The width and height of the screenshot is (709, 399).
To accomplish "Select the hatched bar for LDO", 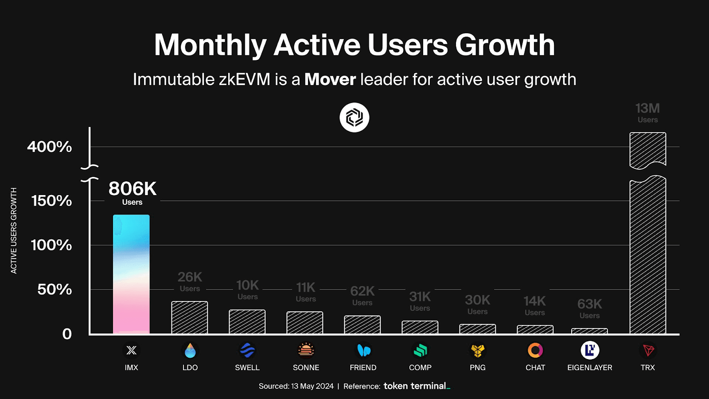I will [x=190, y=317].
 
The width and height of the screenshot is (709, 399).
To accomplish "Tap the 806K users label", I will [x=132, y=192].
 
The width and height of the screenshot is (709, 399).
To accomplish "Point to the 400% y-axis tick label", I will [x=49, y=147].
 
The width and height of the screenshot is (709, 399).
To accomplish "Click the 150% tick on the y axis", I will [x=51, y=201].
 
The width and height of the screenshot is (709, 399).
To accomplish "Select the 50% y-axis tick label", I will [x=54, y=289].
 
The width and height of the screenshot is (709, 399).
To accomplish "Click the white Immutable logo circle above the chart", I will [x=354, y=117].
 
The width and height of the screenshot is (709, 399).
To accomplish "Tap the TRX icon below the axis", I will [x=648, y=351].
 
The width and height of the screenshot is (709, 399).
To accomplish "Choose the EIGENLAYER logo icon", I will [x=590, y=350].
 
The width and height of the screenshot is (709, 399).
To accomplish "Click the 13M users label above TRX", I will [x=647, y=113].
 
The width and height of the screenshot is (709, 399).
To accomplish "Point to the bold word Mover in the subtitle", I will [x=330, y=80].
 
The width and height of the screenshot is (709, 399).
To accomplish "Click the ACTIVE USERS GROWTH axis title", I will [x=14, y=231].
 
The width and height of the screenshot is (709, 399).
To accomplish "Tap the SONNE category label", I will [x=306, y=368].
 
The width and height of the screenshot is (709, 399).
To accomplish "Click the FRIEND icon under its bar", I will [x=363, y=351].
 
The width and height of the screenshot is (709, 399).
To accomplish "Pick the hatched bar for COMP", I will [x=420, y=327].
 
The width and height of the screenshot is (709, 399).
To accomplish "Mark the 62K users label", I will [x=362, y=295].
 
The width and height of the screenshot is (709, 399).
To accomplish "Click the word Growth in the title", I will [x=505, y=45].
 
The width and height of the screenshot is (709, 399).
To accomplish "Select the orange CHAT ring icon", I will [x=535, y=350].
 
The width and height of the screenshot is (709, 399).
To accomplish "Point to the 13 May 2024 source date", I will [x=312, y=386].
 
